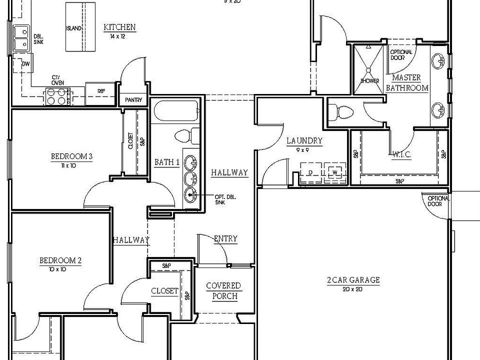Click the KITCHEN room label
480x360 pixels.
[x=119, y=27]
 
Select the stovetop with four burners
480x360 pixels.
[x=57, y=96]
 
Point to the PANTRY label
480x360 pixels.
[x=133, y=100]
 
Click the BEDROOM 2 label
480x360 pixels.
[x=60, y=260]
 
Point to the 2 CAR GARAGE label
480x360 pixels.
[x=353, y=280]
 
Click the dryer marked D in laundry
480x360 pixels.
[x=309, y=171]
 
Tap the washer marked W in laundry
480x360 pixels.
[x=334, y=171]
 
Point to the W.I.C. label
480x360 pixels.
[x=402, y=155]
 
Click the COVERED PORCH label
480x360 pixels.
[x=223, y=290]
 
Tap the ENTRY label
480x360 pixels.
[x=225, y=239]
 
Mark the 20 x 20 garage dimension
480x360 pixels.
[x=353, y=289]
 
